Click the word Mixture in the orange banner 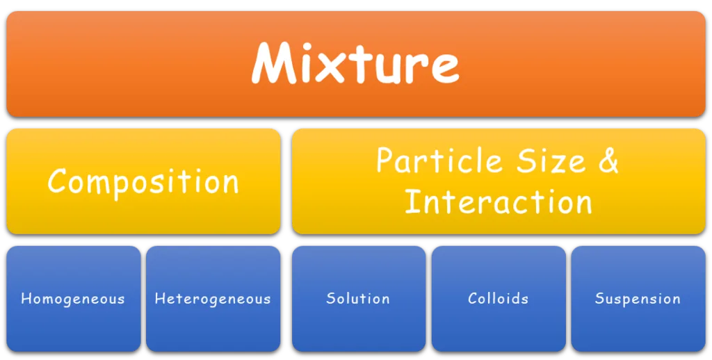(x=355, y=63)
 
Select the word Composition (x=143, y=181)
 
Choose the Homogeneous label (x=72, y=299)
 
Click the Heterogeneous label (x=213, y=299)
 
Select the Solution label (x=358, y=298)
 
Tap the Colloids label (x=498, y=298)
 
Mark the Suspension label (x=638, y=299)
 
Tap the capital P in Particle (x=385, y=159)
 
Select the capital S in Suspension (x=600, y=298)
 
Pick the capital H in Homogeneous (x=26, y=299)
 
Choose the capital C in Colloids (x=473, y=298)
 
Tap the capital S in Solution (x=332, y=298)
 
